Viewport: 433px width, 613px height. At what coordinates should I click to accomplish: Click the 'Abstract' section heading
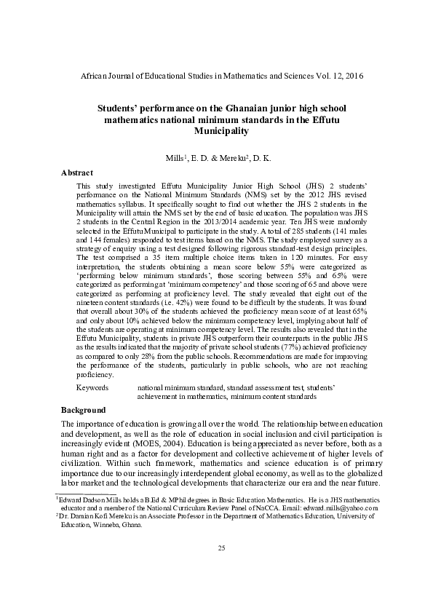pyautogui.click(x=76, y=173)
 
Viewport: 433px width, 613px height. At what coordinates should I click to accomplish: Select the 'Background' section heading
pyautogui.click(x=84, y=411)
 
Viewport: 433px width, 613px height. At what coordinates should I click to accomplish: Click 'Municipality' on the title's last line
pyautogui.click(x=216, y=131)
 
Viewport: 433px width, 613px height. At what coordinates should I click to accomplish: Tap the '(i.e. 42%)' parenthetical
pyautogui.click(x=178, y=298)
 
